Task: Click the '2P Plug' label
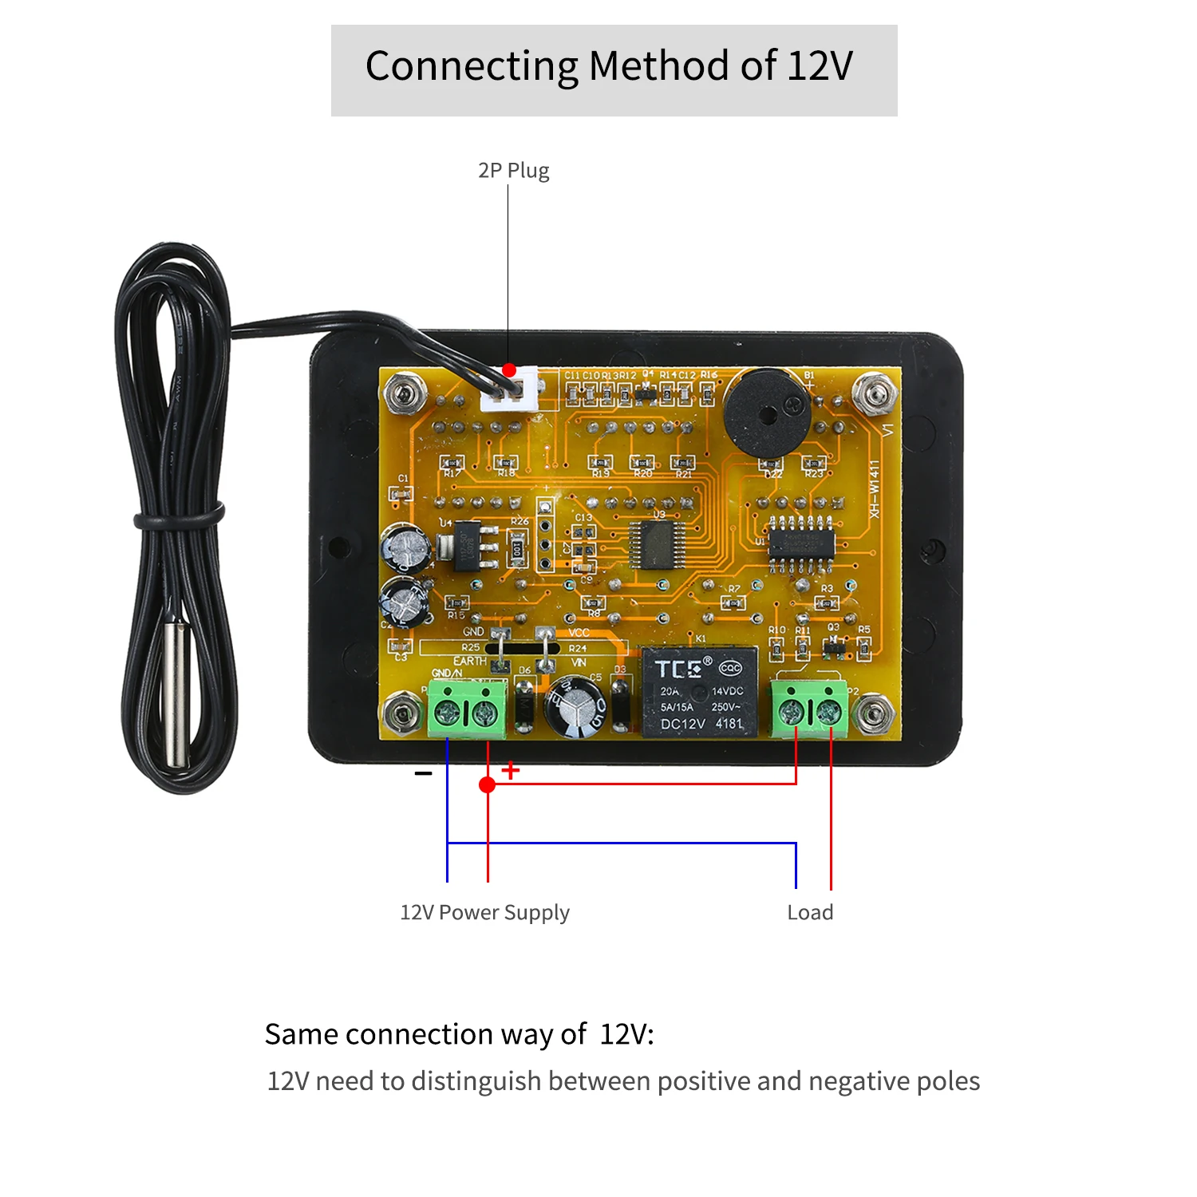(513, 171)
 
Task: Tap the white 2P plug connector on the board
(509, 390)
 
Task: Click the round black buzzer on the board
(766, 413)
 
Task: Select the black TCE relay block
(701, 691)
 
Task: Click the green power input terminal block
(467, 709)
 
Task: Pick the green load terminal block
(810, 709)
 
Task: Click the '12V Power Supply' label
(484, 912)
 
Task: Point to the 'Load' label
(810, 912)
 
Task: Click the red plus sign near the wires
(511, 770)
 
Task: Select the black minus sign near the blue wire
(423, 773)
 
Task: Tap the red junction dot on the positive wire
(487, 785)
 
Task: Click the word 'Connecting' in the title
(471, 67)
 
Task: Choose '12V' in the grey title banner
(820, 65)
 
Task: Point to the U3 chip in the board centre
(656, 545)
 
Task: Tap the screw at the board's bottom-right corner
(873, 711)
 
